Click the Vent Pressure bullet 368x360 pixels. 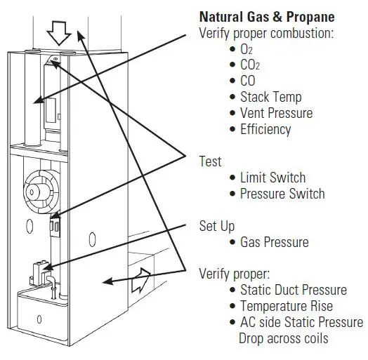coord(276,113)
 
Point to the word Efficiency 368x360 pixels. coord(265,129)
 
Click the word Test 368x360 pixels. coord(211,161)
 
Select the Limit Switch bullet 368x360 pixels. coord(273,178)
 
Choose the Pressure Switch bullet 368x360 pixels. coord(282,194)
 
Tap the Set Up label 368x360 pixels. coord(217,226)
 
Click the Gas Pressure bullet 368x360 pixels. coord(274,242)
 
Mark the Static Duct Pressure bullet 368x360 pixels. coord(293,290)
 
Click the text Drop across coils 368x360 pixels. coord(283,338)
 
